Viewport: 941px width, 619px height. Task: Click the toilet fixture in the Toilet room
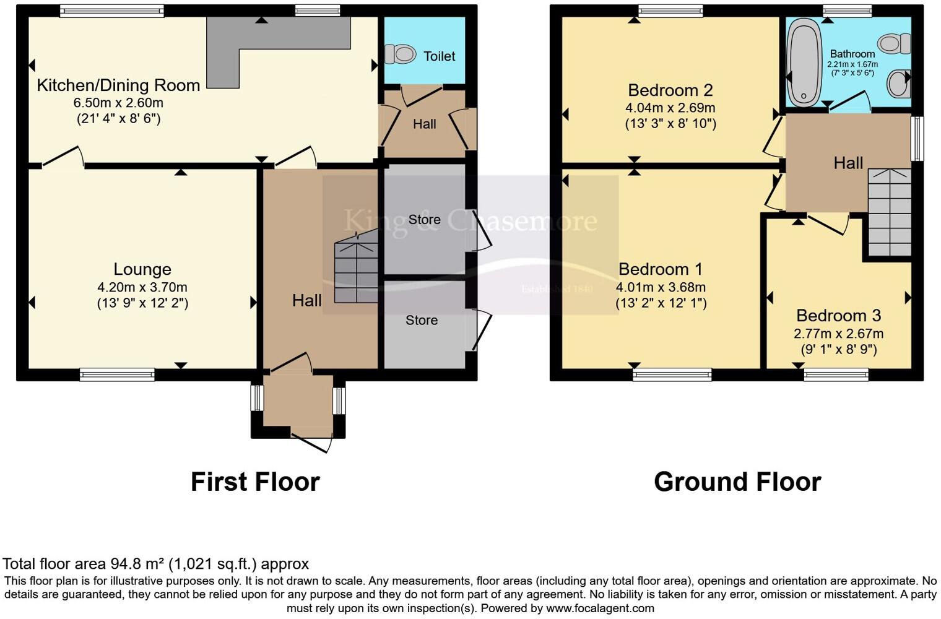pos(401,54)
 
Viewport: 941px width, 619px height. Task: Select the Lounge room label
pos(142,269)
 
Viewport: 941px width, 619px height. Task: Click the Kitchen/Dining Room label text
pos(118,85)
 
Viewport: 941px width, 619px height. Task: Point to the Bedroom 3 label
pos(838,316)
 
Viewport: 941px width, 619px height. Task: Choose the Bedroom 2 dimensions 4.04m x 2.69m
pos(670,108)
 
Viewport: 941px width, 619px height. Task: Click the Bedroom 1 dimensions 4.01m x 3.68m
pos(661,287)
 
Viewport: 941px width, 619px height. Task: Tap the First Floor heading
pos(255,482)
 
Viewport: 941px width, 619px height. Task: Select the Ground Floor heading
pos(737,482)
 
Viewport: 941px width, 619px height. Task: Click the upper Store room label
pos(424,220)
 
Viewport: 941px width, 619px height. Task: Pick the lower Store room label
pos(422,321)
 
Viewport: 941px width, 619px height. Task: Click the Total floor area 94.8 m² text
pos(155,564)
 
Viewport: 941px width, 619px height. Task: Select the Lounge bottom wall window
pos(117,374)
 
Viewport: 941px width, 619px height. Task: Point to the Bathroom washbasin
pos(900,84)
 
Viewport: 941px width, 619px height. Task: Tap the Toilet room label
pos(439,56)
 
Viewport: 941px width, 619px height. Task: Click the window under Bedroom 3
pos(836,374)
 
